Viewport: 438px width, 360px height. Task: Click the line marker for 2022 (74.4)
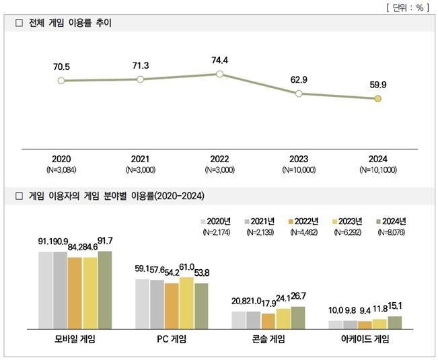coord(219,74)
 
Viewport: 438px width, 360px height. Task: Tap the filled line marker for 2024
coord(377,99)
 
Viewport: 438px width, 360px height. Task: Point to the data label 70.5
coord(61,67)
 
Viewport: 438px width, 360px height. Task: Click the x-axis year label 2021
coord(140,159)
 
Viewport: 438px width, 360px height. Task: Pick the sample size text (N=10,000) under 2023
coord(298,170)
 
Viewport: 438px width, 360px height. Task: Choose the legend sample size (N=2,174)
coord(215,231)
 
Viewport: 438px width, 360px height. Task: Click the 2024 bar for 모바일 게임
coord(105,289)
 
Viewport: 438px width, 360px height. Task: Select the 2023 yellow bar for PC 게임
coord(186,303)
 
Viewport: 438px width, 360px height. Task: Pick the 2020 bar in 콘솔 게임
coord(239,320)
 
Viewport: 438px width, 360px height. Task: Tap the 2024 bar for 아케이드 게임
coord(394,322)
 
